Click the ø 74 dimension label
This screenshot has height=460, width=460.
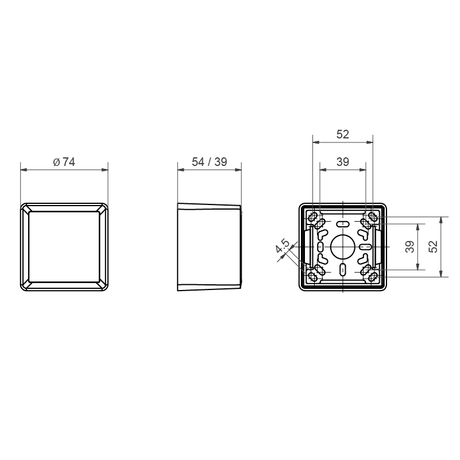point(64,162)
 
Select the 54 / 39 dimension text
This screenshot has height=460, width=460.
point(210,162)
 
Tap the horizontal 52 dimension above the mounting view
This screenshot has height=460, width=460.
point(343,134)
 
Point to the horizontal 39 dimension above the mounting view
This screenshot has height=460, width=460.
point(343,162)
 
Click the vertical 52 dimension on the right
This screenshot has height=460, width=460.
point(433,246)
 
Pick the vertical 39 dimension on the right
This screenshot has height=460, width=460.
point(410,246)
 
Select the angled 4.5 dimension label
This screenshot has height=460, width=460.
point(283,246)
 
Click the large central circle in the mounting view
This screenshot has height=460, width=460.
point(343,246)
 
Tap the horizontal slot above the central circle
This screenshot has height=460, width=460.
point(343,225)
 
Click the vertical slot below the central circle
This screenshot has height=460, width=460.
point(343,269)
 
